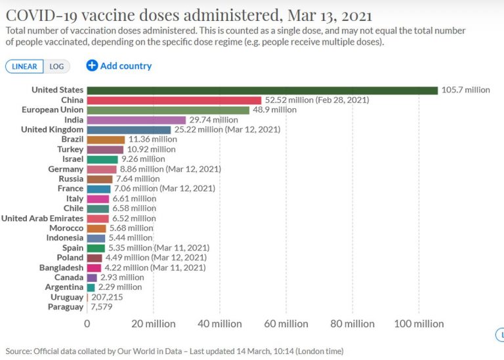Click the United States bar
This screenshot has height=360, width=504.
click(262, 90)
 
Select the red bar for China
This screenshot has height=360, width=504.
click(175, 100)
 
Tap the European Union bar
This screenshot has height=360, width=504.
click(168, 110)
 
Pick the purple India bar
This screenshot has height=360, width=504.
click(136, 120)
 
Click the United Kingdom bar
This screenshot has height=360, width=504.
click(129, 130)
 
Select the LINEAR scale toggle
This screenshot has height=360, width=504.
click(25, 66)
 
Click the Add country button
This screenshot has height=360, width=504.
click(119, 66)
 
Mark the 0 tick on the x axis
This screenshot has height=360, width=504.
click(87, 324)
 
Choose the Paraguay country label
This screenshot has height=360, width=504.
click(66, 307)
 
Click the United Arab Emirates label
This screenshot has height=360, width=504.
click(43, 218)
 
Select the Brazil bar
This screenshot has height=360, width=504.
click(106, 140)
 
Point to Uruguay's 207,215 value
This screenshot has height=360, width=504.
click(107, 297)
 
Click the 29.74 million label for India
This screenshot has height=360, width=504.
click(213, 120)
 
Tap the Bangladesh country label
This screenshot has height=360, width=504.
click(61, 268)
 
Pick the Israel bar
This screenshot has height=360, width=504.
click(102, 159)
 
